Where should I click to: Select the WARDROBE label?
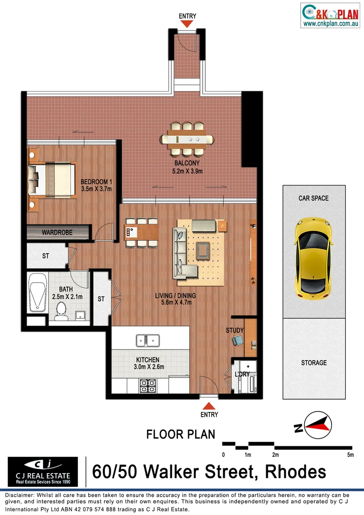tap(57, 233)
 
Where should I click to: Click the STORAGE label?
tap(313, 363)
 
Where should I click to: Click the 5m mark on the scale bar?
tap(351, 455)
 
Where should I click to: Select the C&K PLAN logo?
tap(330, 15)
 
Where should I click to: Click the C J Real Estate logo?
tap(43, 469)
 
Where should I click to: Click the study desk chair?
tap(237, 340)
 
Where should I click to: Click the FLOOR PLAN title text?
tap(180, 434)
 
